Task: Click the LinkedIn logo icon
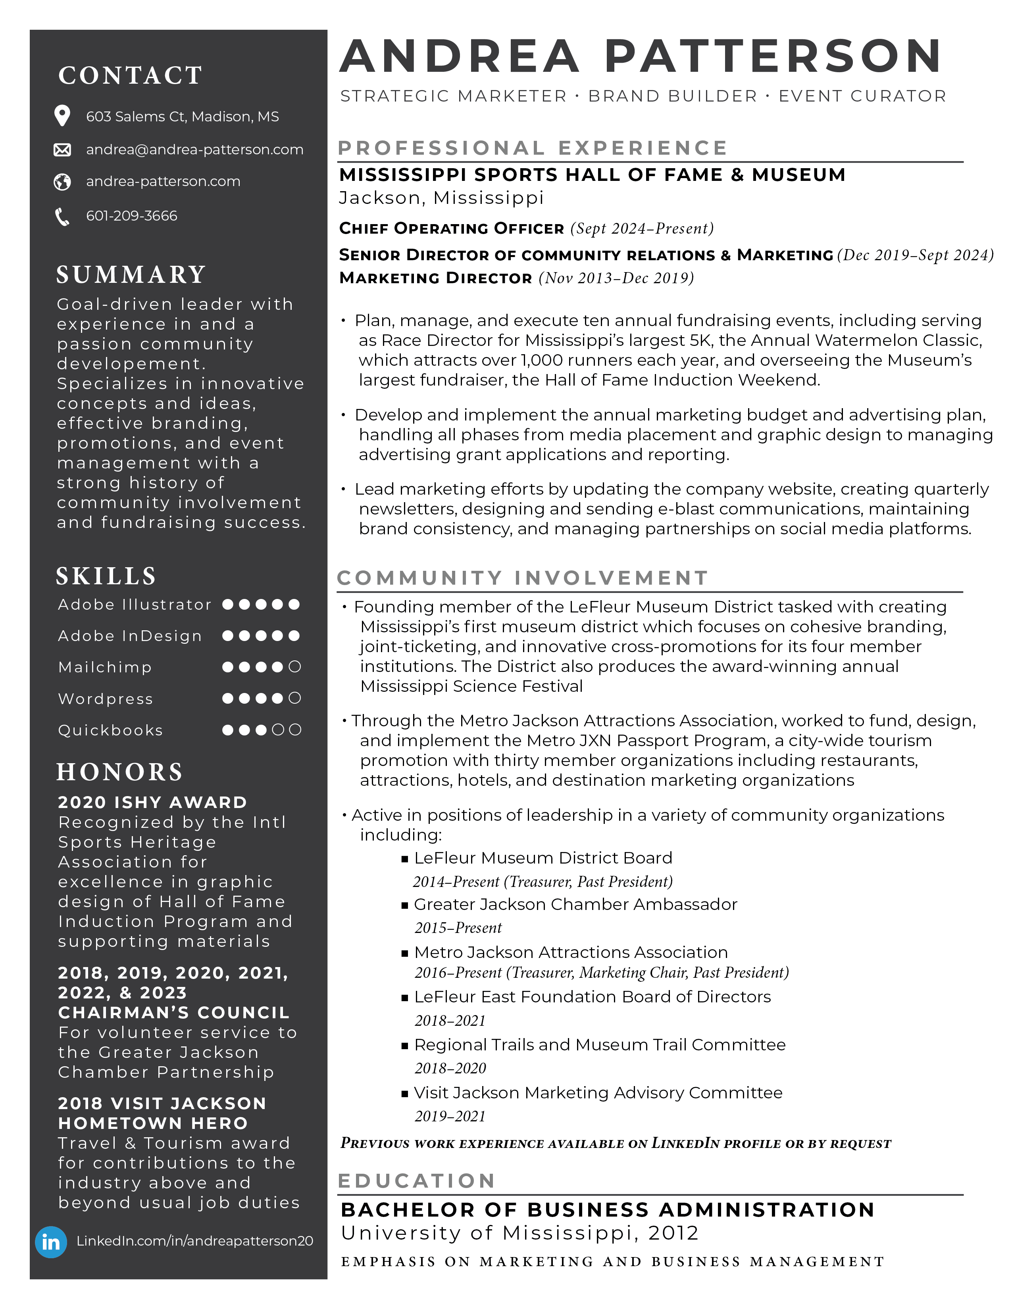[51, 1242]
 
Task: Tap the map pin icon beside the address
[62, 116]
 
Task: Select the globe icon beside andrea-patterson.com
[62, 182]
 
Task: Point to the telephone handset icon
[62, 216]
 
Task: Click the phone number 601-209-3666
[131, 216]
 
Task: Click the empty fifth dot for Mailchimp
[294, 666]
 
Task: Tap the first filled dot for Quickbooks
[228, 729]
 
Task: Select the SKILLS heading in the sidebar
[106, 576]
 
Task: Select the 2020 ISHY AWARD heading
[152, 802]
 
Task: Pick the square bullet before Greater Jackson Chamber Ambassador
[405, 905]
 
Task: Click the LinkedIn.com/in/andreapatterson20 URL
[195, 1241]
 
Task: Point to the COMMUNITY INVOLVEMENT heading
[522, 578]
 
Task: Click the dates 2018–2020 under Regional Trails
[450, 1068]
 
